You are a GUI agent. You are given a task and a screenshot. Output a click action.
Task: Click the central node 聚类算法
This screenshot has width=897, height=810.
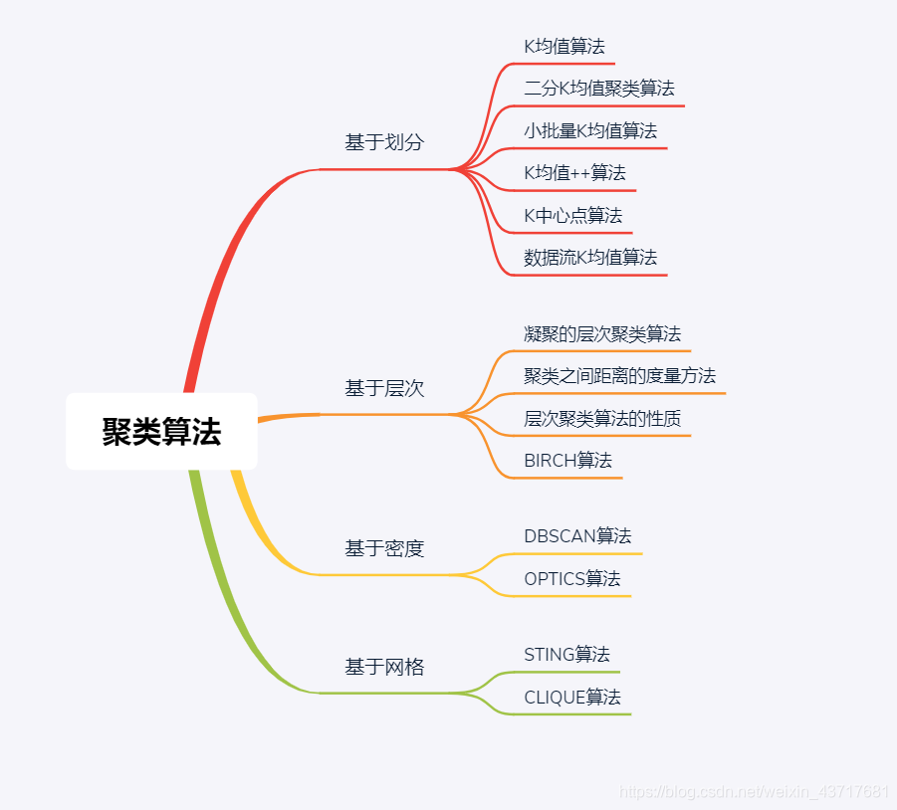click(x=161, y=432)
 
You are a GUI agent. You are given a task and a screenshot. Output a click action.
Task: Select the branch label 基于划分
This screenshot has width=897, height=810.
click(x=384, y=142)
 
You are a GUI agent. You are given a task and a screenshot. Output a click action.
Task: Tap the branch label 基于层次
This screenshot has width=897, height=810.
click(x=384, y=388)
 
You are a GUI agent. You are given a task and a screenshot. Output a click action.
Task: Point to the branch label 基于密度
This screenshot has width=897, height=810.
click(x=384, y=548)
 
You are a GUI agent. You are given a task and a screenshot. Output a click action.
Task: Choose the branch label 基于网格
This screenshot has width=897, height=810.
click(x=384, y=667)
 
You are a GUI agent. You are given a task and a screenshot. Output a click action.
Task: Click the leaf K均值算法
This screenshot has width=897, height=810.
click(x=564, y=46)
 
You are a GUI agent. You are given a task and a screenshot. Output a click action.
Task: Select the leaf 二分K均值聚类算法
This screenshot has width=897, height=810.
click(x=599, y=89)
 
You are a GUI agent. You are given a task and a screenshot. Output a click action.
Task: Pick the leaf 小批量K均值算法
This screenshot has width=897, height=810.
click(x=590, y=130)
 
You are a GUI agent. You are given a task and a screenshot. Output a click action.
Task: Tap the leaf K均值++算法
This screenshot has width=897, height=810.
click(x=574, y=172)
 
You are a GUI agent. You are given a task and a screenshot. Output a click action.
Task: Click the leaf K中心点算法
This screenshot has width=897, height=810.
click(x=572, y=215)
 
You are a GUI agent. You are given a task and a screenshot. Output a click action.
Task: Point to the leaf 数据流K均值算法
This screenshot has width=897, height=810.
click(x=590, y=257)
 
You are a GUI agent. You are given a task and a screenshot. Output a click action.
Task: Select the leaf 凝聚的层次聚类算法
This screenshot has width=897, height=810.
click(x=602, y=333)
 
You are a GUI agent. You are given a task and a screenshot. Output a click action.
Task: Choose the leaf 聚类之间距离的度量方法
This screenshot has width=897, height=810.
click(x=619, y=375)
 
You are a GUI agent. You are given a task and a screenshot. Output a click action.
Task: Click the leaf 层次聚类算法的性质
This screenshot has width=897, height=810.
click(x=602, y=418)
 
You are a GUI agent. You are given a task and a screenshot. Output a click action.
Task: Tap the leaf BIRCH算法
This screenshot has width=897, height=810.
click(x=567, y=460)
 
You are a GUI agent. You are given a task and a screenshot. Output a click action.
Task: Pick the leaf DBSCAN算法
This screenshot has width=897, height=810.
click(x=577, y=535)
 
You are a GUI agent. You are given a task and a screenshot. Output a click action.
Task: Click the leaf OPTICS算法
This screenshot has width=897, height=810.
click(x=571, y=578)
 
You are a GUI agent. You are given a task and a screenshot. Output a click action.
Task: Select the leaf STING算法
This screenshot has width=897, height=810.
click(x=566, y=654)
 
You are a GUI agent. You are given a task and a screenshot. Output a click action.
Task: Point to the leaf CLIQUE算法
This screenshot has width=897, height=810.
click(x=572, y=697)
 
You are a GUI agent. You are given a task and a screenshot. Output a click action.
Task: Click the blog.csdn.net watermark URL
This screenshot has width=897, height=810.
click(x=754, y=792)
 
